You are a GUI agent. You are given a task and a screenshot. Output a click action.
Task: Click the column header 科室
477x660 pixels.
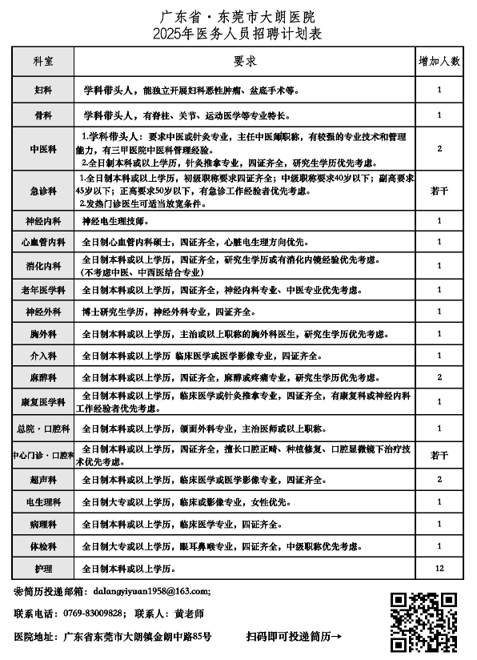pos(43,61)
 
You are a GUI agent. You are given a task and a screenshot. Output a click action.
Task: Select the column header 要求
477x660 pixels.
pos(244,61)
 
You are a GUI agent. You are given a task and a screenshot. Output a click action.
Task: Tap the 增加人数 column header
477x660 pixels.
pos(439,61)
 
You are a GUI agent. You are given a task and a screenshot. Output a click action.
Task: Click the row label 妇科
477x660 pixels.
pos(43,91)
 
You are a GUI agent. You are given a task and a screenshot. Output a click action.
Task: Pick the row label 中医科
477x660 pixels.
pos(43,149)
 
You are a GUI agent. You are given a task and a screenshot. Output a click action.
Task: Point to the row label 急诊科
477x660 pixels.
pos(43,191)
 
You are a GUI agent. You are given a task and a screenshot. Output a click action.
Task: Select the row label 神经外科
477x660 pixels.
pos(43,312)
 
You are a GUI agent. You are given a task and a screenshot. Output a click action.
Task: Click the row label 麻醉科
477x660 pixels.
pos(43,376)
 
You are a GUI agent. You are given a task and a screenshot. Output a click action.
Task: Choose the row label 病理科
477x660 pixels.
pos(43,525)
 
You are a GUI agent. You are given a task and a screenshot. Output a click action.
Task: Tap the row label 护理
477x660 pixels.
pos(43,569)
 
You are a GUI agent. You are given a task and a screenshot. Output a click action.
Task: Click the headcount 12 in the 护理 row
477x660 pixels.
pos(439,569)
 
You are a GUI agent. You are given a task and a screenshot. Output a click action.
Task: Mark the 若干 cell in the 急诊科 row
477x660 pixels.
pos(439,191)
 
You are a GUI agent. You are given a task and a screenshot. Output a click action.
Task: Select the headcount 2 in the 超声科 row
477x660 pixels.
pos(439,480)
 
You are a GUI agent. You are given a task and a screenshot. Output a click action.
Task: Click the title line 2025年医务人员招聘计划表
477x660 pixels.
pos(238,33)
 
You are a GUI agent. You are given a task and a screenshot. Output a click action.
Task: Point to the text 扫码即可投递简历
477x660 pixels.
pos(295,637)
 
